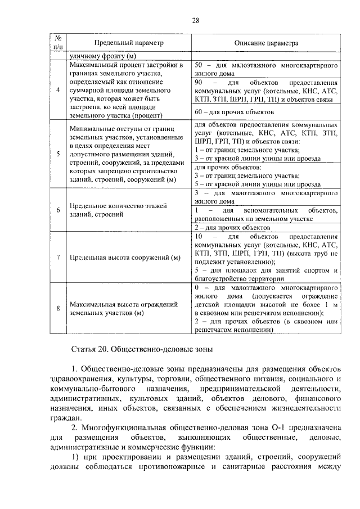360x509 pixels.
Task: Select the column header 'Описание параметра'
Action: (x=266, y=43)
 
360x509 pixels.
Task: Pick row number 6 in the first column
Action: (x=58, y=210)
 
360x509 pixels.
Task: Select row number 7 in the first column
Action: (x=58, y=258)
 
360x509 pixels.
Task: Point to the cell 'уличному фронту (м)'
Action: (x=103, y=56)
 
